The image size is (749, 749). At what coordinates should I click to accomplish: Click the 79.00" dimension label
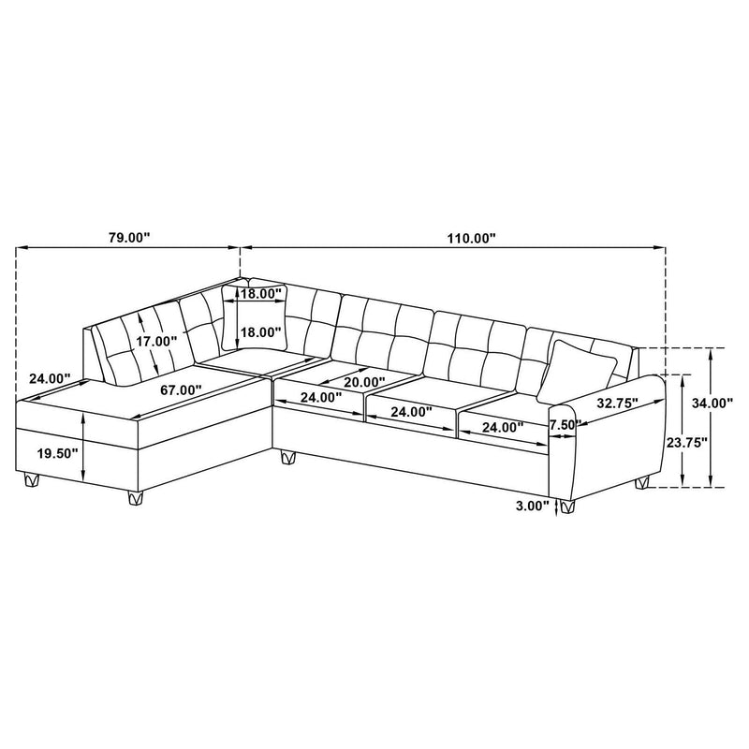tap(129, 238)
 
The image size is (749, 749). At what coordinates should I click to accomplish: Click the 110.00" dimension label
tap(470, 238)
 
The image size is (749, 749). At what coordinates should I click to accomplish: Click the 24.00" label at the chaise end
tap(50, 379)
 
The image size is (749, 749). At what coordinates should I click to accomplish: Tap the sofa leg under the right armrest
tap(642, 484)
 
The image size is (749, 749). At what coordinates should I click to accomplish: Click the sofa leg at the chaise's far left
tap(33, 481)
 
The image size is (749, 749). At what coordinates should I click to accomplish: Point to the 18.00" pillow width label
tap(260, 294)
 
